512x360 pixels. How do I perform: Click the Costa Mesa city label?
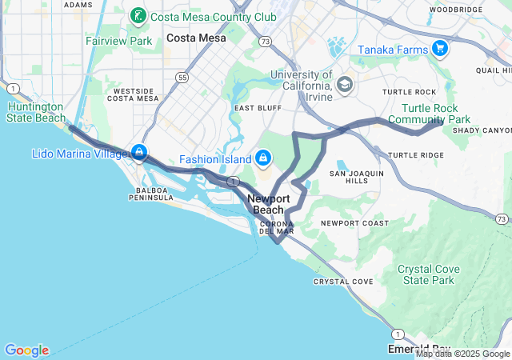click(196, 38)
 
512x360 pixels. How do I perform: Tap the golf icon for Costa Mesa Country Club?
click(138, 16)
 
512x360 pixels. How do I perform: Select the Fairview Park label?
click(118, 40)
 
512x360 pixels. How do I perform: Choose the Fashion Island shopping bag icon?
click(262, 158)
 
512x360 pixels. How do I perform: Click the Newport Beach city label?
click(268, 204)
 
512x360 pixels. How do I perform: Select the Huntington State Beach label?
click(36, 112)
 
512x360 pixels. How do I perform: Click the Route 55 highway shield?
click(183, 78)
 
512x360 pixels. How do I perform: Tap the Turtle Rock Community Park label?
click(436, 114)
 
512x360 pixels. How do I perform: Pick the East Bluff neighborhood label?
click(256, 107)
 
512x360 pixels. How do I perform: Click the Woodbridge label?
click(455, 10)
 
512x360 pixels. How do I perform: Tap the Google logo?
click(26, 350)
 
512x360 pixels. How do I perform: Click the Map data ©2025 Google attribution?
click(462, 354)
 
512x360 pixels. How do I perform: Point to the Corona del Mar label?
click(277, 226)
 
